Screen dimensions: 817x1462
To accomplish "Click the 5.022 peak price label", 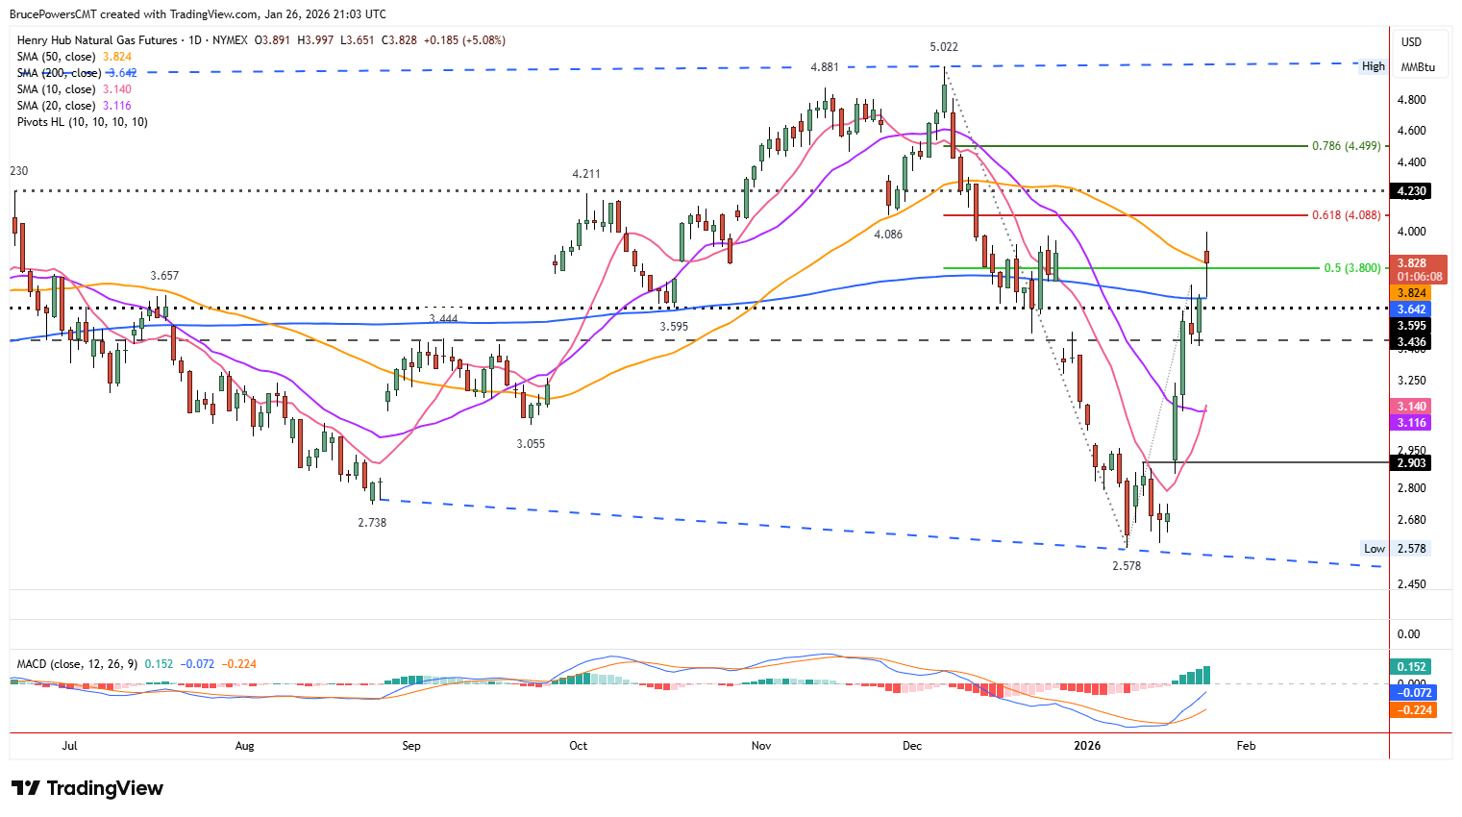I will pos(943,47).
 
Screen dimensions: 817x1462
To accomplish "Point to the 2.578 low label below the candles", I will pos(1127,566).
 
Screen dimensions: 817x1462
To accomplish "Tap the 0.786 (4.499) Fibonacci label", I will pos(1346,146).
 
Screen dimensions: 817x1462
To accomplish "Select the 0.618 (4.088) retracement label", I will pos(1346,215).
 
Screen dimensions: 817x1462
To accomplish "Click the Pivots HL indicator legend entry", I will pos(82,122).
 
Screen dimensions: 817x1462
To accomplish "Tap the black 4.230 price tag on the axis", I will pos(1411,191).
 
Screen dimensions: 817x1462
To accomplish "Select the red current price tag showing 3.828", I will pos(1419,263).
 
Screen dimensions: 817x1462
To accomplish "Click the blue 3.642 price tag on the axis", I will pos(1411,309).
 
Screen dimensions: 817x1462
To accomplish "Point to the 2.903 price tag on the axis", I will pos(1411,463).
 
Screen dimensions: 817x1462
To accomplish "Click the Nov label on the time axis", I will pos(761,746).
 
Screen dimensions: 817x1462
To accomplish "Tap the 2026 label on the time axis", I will pos(1087,746).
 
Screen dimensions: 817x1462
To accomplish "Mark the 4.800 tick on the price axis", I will pos(1411,100).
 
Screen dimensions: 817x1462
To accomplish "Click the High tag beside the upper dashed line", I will pos(1373,66).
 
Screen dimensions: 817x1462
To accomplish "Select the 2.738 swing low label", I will pos(372,523).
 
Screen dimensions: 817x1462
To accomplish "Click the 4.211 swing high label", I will pos(586,174).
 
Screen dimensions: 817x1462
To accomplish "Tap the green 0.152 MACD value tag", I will pos(1411,667).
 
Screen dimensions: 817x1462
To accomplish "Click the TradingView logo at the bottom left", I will pos(87,788).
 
